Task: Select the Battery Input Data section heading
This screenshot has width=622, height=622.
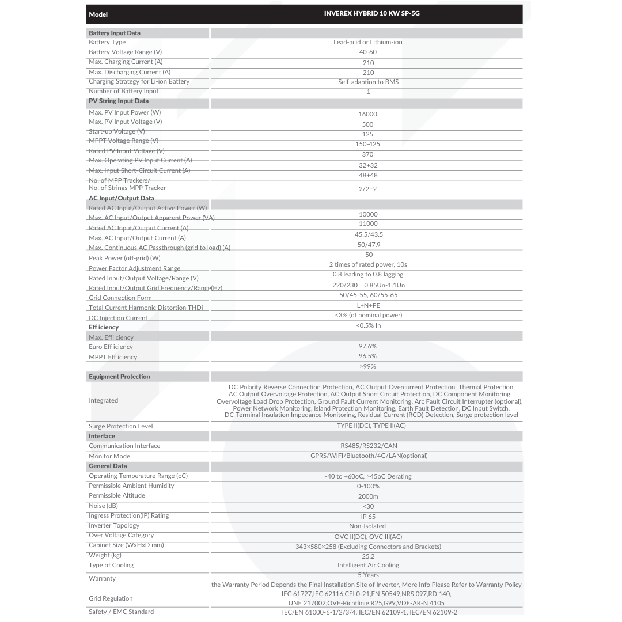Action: (115, 33)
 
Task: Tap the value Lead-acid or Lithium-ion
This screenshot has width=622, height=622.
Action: (368, 42)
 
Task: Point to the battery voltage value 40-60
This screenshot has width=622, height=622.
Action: (368, 52)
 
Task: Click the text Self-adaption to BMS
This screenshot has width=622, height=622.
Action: (368, 82)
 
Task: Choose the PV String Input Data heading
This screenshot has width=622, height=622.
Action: (119, 101)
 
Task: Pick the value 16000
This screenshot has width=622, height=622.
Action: (368, 114)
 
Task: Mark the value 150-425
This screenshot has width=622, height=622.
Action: (368, 144)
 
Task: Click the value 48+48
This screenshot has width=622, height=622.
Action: (368, 175)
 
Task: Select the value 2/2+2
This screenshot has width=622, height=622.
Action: (368, 189)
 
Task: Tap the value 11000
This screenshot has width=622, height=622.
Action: (368, 223)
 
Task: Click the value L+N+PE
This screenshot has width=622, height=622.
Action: (368, 305)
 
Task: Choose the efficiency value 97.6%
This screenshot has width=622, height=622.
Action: (368, 346)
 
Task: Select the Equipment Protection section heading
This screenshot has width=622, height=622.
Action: (119, 377)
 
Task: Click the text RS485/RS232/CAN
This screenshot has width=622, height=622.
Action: (368, 446)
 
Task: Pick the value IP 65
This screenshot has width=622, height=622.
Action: (368, 517)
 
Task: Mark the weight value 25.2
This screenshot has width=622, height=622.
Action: (368, 556)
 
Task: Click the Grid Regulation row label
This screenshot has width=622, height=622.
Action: (111, 598)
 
